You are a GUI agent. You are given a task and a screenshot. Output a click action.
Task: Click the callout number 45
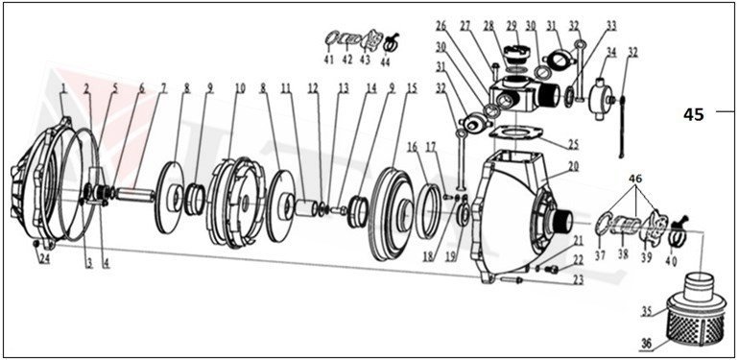[693, 114]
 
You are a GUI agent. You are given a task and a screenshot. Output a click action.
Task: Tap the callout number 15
[412, 88]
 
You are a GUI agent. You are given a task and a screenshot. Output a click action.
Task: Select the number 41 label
[328, 60]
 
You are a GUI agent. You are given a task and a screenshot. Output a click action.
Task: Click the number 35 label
[646, 311]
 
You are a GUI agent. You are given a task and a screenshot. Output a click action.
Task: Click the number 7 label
[163, 88]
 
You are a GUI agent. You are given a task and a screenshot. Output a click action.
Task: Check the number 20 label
[573, 166]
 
